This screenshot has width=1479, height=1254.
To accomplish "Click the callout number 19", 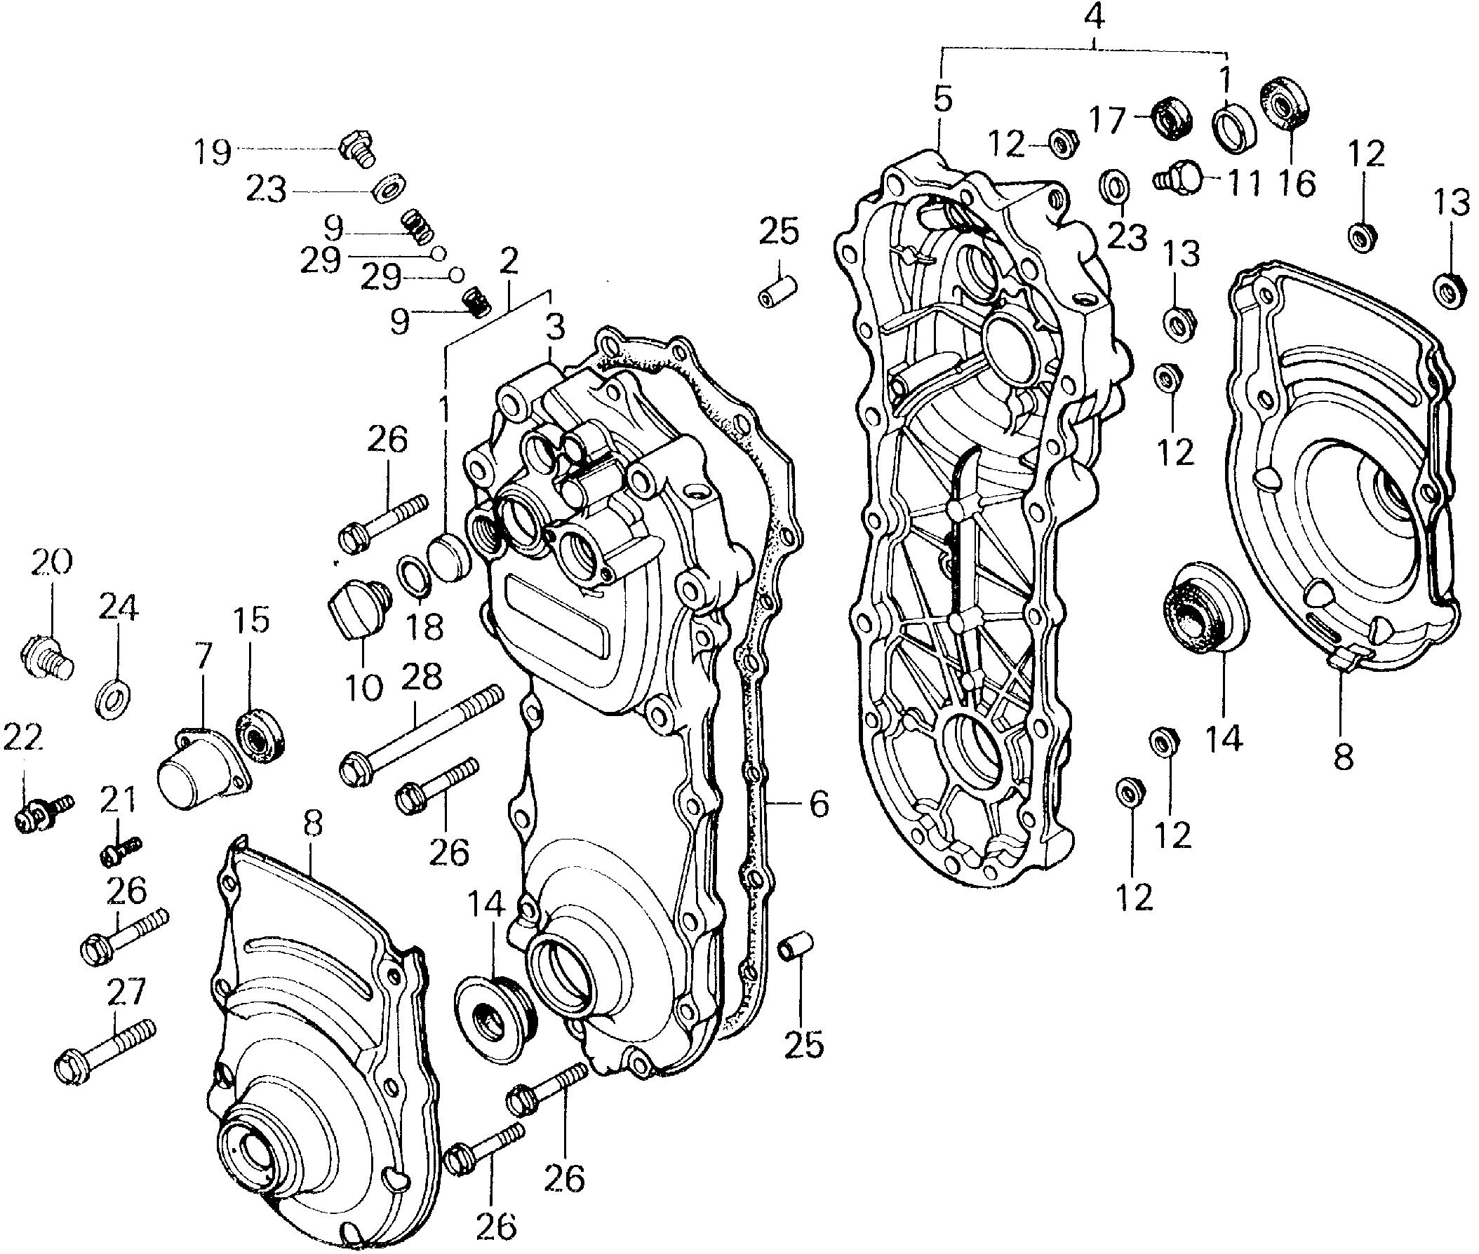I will [214, 151].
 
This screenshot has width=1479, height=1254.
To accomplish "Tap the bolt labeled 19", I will [356, 148].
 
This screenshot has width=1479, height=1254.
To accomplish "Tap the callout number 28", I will [421, 678].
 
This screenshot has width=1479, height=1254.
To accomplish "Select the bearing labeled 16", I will [1285, 103].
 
